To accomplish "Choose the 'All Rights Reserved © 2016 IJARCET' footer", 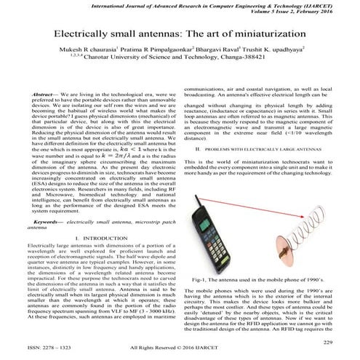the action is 182,349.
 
